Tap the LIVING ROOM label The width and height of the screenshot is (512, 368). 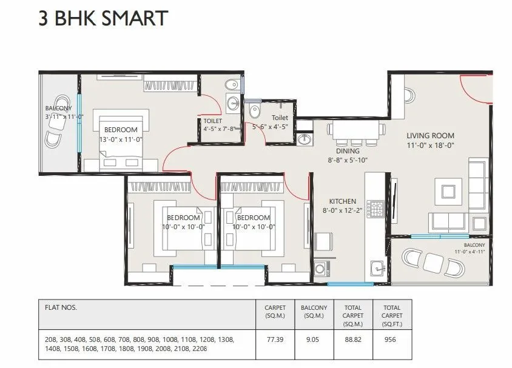click(x=430, y=136)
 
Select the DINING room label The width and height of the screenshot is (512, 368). click(x=348, y=151)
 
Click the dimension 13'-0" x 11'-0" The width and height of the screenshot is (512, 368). click(x=121, y=139)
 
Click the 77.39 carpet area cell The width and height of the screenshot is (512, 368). click(x=275, y=341)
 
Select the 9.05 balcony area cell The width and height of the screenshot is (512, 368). click(x=314, y=341)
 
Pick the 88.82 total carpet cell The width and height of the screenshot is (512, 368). click(x=352, y=341)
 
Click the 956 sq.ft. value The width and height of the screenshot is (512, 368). click(x=391, y=341)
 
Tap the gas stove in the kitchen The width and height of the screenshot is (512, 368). click(x=376, y=210)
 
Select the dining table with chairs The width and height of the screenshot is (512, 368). click(x=355, y=130)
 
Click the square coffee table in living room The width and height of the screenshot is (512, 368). click(x=449, y=192)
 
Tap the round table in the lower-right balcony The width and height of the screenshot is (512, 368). click(x=433, y=263)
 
